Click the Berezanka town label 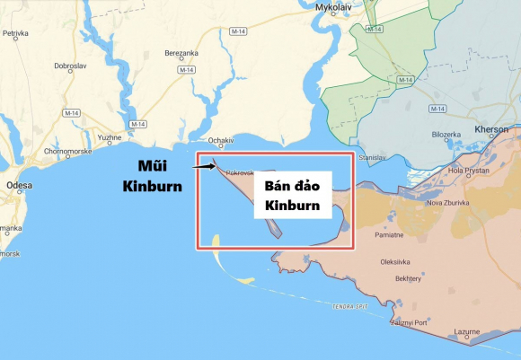point(181,53)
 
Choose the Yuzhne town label point(110,137)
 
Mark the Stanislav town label point(370,156)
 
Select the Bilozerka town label point(446,135)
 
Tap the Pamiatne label point(389,235)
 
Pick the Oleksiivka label point(395,262)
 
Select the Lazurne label point(466,331)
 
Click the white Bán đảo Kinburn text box point(292,196)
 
